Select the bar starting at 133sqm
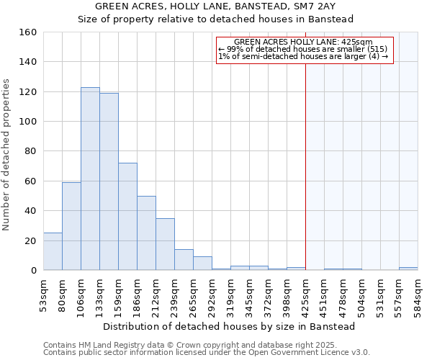click(109, 181)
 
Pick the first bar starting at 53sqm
click(53, 251)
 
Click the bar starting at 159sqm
click(127, 216)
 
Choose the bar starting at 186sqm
click(146, 233)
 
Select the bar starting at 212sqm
click(165, 244)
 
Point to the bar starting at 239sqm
click(184, 259)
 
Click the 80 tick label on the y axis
click(30, 151)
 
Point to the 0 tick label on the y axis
click(33, 270)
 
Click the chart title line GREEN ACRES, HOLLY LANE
click(215, 6)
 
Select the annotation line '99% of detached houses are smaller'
click(302, 49)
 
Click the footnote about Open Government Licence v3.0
click(207, 353)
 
